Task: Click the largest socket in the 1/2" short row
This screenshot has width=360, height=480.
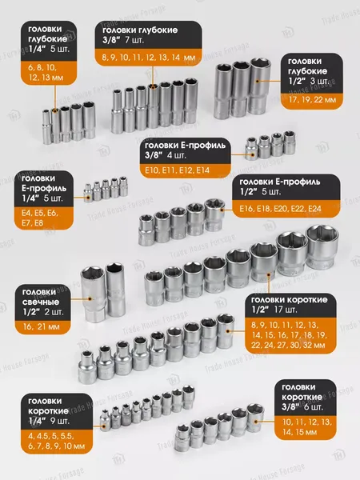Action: point(322,246)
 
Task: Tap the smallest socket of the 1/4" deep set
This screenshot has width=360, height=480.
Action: point(46,126)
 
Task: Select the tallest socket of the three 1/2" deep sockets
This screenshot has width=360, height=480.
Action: point(258,86)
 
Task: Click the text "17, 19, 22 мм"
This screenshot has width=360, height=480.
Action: point(312,100)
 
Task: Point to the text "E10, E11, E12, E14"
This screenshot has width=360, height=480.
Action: point(178,170)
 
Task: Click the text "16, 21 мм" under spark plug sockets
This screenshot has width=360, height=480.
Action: point(42,326)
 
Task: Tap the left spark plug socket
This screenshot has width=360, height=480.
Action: point(93,294)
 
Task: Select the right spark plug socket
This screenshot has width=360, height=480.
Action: point(115,290)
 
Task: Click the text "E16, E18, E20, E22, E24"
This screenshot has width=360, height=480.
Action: point(281,209)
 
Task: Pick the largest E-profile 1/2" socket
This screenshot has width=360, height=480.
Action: point(214,214)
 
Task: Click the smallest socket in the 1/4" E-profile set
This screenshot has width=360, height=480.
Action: point(88,193)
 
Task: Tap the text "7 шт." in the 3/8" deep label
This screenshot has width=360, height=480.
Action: point(134,40)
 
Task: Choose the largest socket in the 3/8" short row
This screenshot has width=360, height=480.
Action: point(255,418)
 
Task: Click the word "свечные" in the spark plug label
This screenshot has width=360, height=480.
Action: point(41,302)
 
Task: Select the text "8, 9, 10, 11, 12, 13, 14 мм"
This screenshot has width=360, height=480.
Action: point(149,58)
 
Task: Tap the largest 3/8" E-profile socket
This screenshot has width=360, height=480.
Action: point(290,142)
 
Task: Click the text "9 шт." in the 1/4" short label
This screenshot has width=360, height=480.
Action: point(60,421)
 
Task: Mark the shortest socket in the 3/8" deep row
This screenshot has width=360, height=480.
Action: point(117,111)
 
